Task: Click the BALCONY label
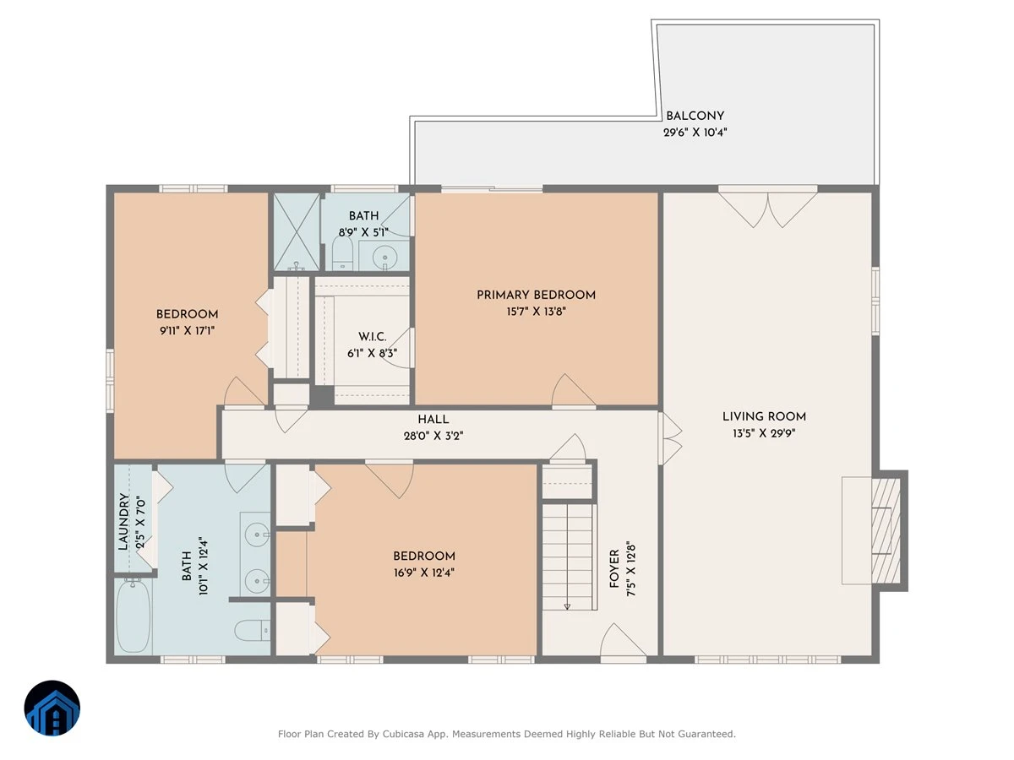(x=695, y=116)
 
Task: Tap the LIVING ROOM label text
(x=764, y=416)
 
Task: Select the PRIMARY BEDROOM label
(x=536, y=295)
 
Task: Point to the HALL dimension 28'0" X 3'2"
(x=433, y=436)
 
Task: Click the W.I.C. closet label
(x=373, y=337)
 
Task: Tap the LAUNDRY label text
(x=123, y=521)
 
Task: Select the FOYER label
(x=614, y=568)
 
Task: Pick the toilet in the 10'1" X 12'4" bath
(x=252, y=630)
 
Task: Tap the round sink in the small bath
(x=384, y=256)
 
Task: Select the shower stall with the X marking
(x=296, y=231)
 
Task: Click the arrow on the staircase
(x=567, y=557)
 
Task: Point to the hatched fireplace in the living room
(x=886, y=530)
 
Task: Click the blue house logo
(x=52, y=708)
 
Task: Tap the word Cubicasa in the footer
(x=403, y=734)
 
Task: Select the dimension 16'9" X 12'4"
(x=423, y=573)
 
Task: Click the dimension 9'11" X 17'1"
(x=187, y=330)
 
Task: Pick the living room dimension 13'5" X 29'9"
(x=764, y=433)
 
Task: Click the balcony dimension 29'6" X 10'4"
(x=695, y=133)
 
